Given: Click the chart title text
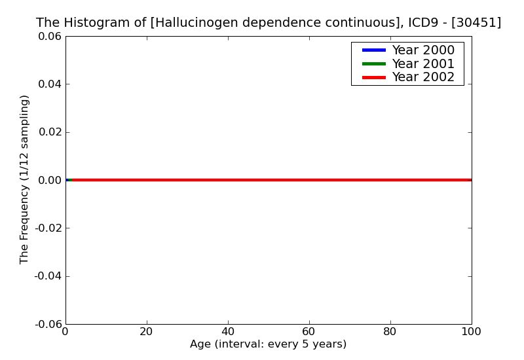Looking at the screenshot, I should pos(269,23).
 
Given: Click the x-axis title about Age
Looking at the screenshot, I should pos(268,344).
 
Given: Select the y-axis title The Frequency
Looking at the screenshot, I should pos(25,179).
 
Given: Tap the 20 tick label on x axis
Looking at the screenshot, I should pos(147,332).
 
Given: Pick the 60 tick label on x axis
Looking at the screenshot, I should pos(309,332).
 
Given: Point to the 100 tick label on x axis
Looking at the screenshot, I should pos(471,332).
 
